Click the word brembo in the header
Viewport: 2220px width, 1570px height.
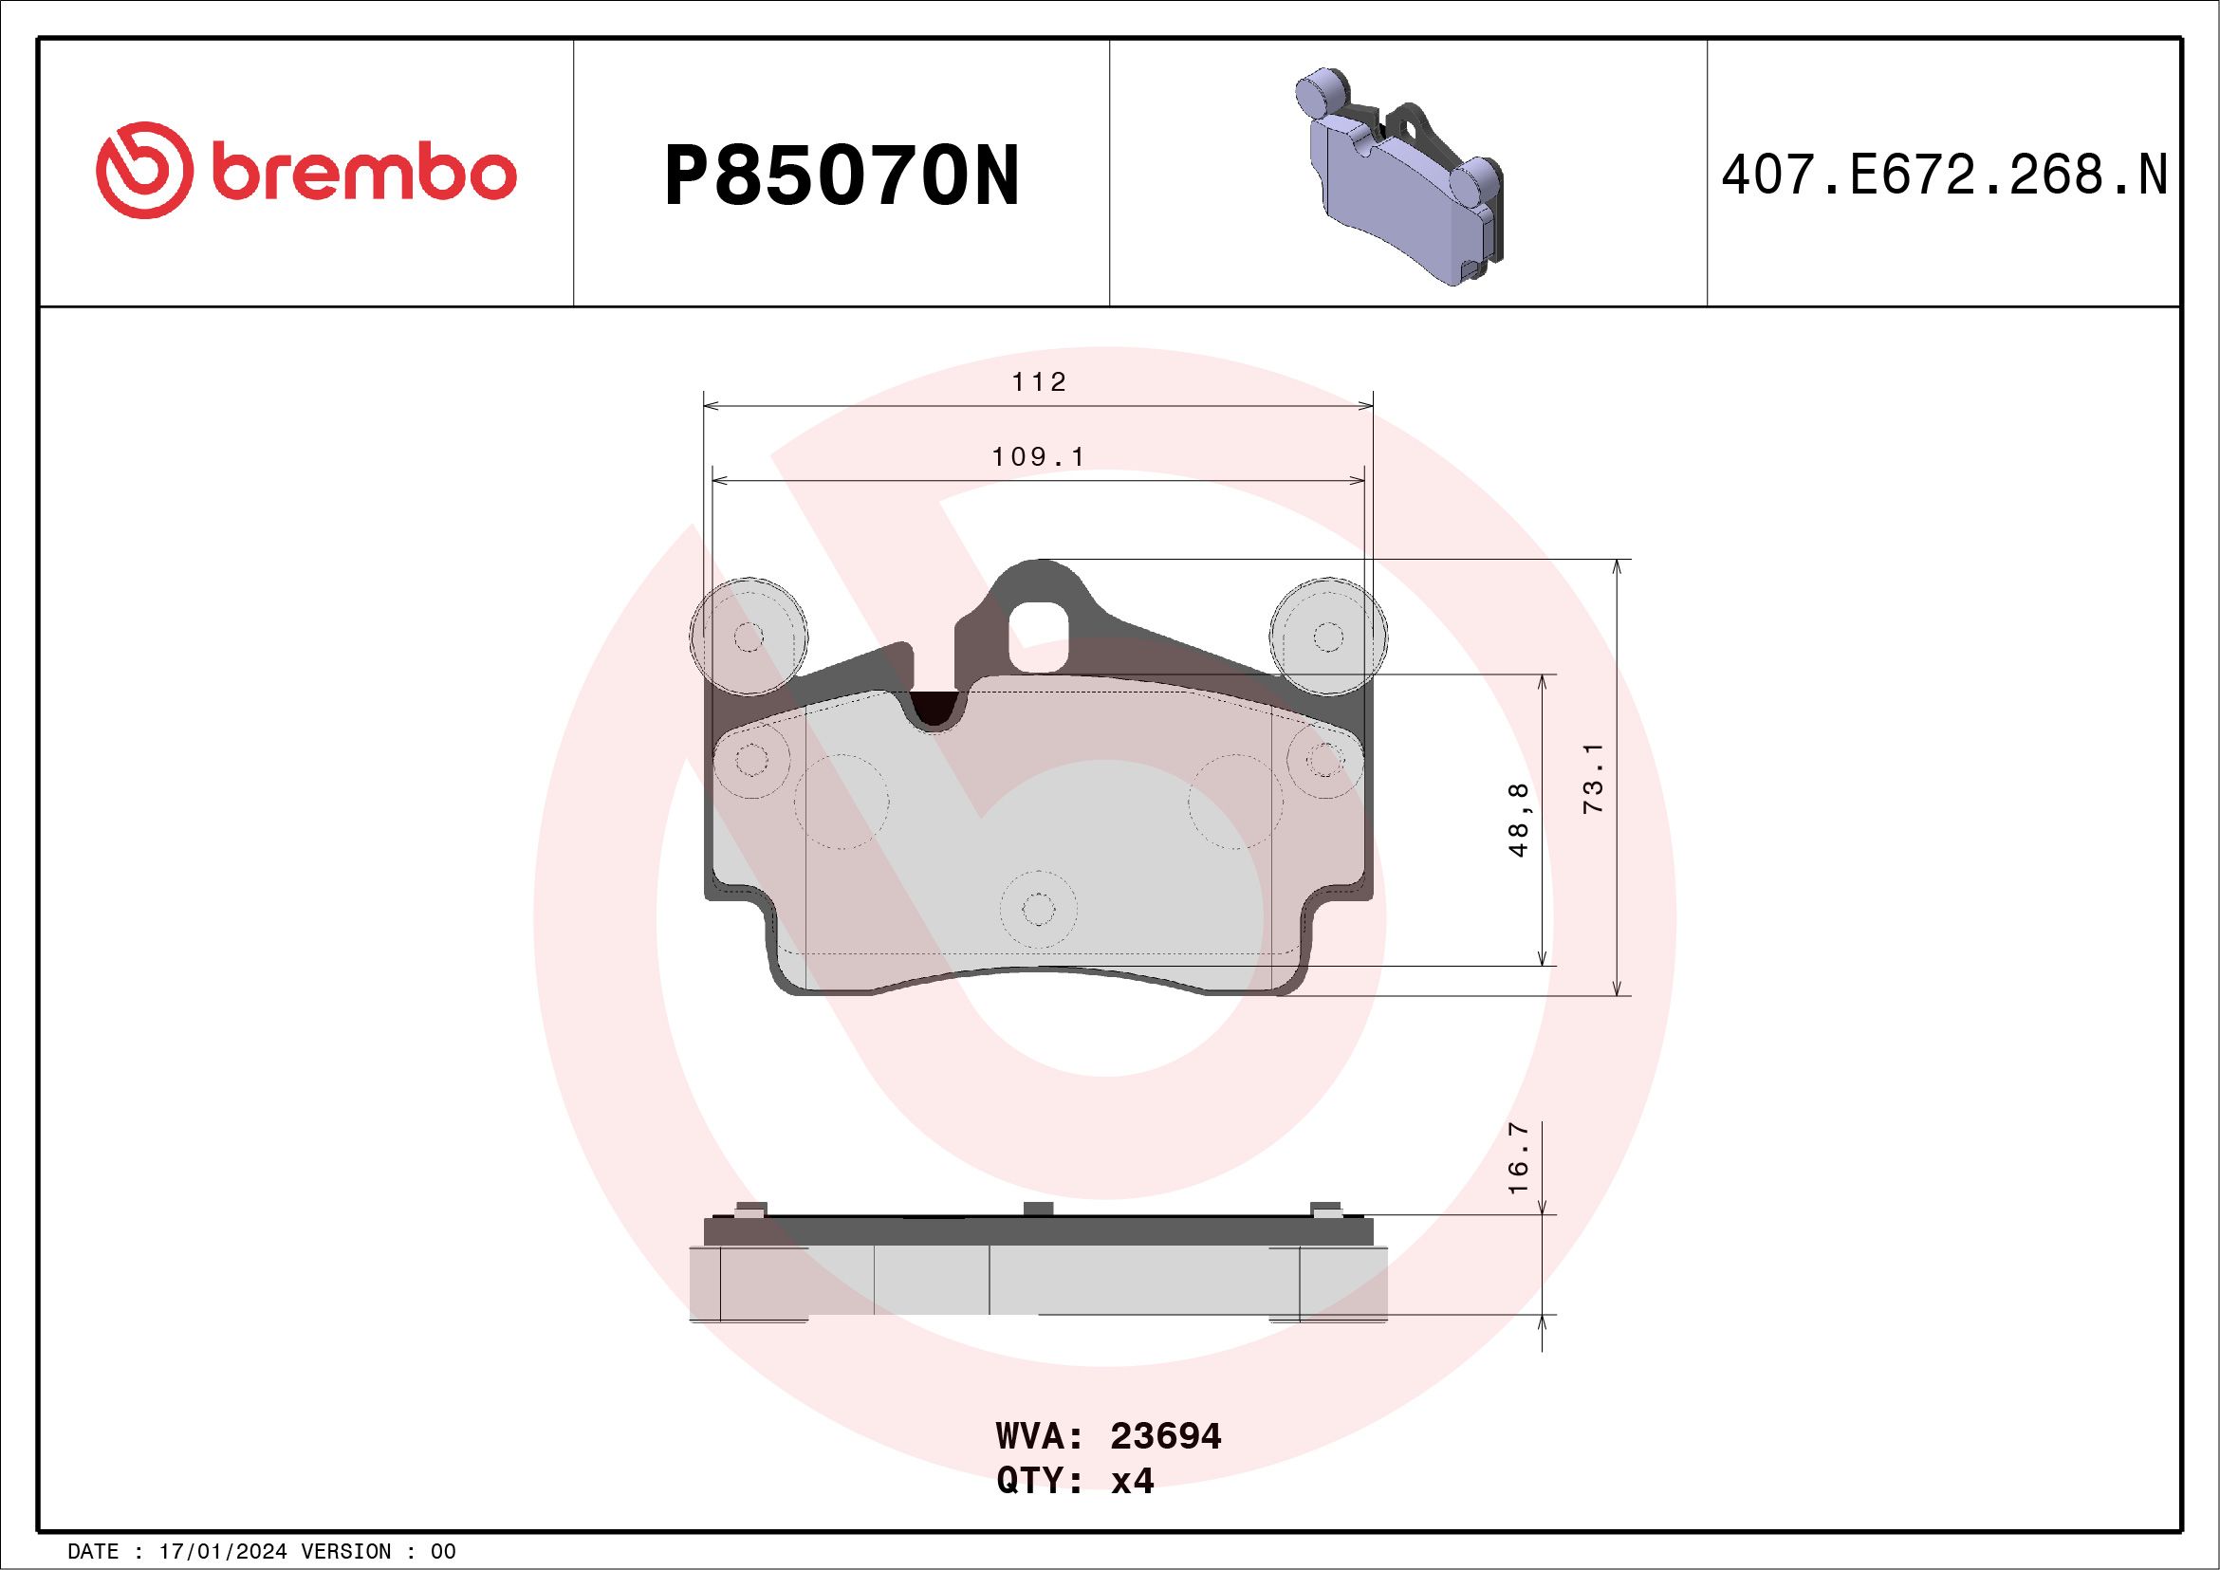362,174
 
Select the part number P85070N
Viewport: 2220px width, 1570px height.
842,176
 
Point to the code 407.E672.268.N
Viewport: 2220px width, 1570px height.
1944,175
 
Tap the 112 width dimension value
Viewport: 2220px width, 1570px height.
1039,383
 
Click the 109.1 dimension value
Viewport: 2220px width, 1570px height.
1039,456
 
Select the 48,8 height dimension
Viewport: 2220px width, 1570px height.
1518,820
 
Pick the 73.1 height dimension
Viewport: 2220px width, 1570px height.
1593,778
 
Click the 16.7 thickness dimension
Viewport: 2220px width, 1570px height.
1518,1156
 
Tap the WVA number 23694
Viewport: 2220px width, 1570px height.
1165,1436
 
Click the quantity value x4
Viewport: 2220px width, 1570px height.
1132,1481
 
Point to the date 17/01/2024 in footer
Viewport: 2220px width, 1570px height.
222,1552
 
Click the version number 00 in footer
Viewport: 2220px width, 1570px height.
443,1552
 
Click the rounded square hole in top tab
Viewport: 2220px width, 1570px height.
1038,636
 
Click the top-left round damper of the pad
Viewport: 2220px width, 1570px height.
749,637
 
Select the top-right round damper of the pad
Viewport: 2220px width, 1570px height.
1328,637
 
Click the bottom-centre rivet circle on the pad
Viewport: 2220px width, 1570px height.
1038,910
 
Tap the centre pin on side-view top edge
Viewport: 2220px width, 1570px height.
1038,1210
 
